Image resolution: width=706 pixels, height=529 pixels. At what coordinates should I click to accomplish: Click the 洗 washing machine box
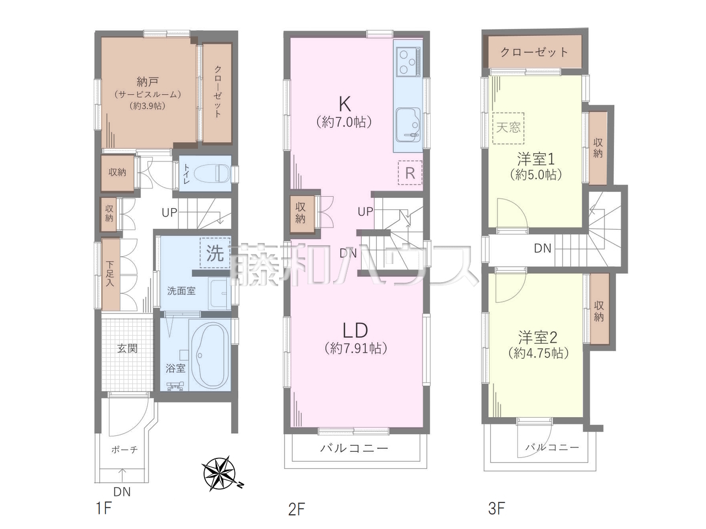pos(215,253)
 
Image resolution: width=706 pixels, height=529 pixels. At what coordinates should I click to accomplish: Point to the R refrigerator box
pos(410,173)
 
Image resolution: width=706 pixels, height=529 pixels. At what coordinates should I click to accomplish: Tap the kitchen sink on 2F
pos(408,125)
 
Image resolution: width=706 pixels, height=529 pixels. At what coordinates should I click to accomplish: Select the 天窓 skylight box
pos(508,128)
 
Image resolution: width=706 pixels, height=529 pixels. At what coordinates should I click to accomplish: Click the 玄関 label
pos(127,348)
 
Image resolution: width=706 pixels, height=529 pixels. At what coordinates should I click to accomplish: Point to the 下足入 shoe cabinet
pos(111,274)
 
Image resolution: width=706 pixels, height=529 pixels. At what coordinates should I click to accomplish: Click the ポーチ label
pos(125,449)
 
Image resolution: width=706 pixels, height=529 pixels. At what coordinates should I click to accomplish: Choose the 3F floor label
pos(496,508)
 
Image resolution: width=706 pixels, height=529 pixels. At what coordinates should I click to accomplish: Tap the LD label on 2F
pos(355,331)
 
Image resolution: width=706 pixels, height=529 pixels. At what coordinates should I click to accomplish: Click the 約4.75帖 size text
pos(539,353)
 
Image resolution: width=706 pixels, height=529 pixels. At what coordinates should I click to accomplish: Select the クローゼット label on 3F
pos(534,52)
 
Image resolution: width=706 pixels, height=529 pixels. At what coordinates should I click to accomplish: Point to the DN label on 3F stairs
pos(543,248)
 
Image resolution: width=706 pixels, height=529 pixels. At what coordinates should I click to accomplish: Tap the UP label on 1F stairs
pos(169,212)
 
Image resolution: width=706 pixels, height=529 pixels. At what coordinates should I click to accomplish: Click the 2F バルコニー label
pos(354,448)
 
